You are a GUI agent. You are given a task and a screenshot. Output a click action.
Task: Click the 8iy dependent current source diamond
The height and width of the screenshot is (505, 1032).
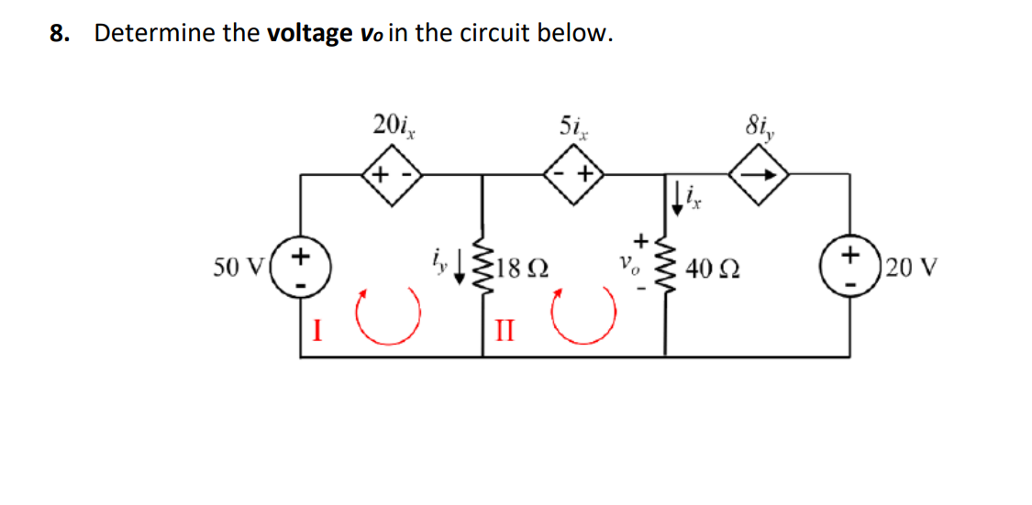click(x=759, y=173)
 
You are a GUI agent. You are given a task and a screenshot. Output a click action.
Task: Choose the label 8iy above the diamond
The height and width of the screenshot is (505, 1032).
click(x=759, y=123)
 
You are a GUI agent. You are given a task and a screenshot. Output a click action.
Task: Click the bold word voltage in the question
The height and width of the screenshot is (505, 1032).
click(x=308, y=35)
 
